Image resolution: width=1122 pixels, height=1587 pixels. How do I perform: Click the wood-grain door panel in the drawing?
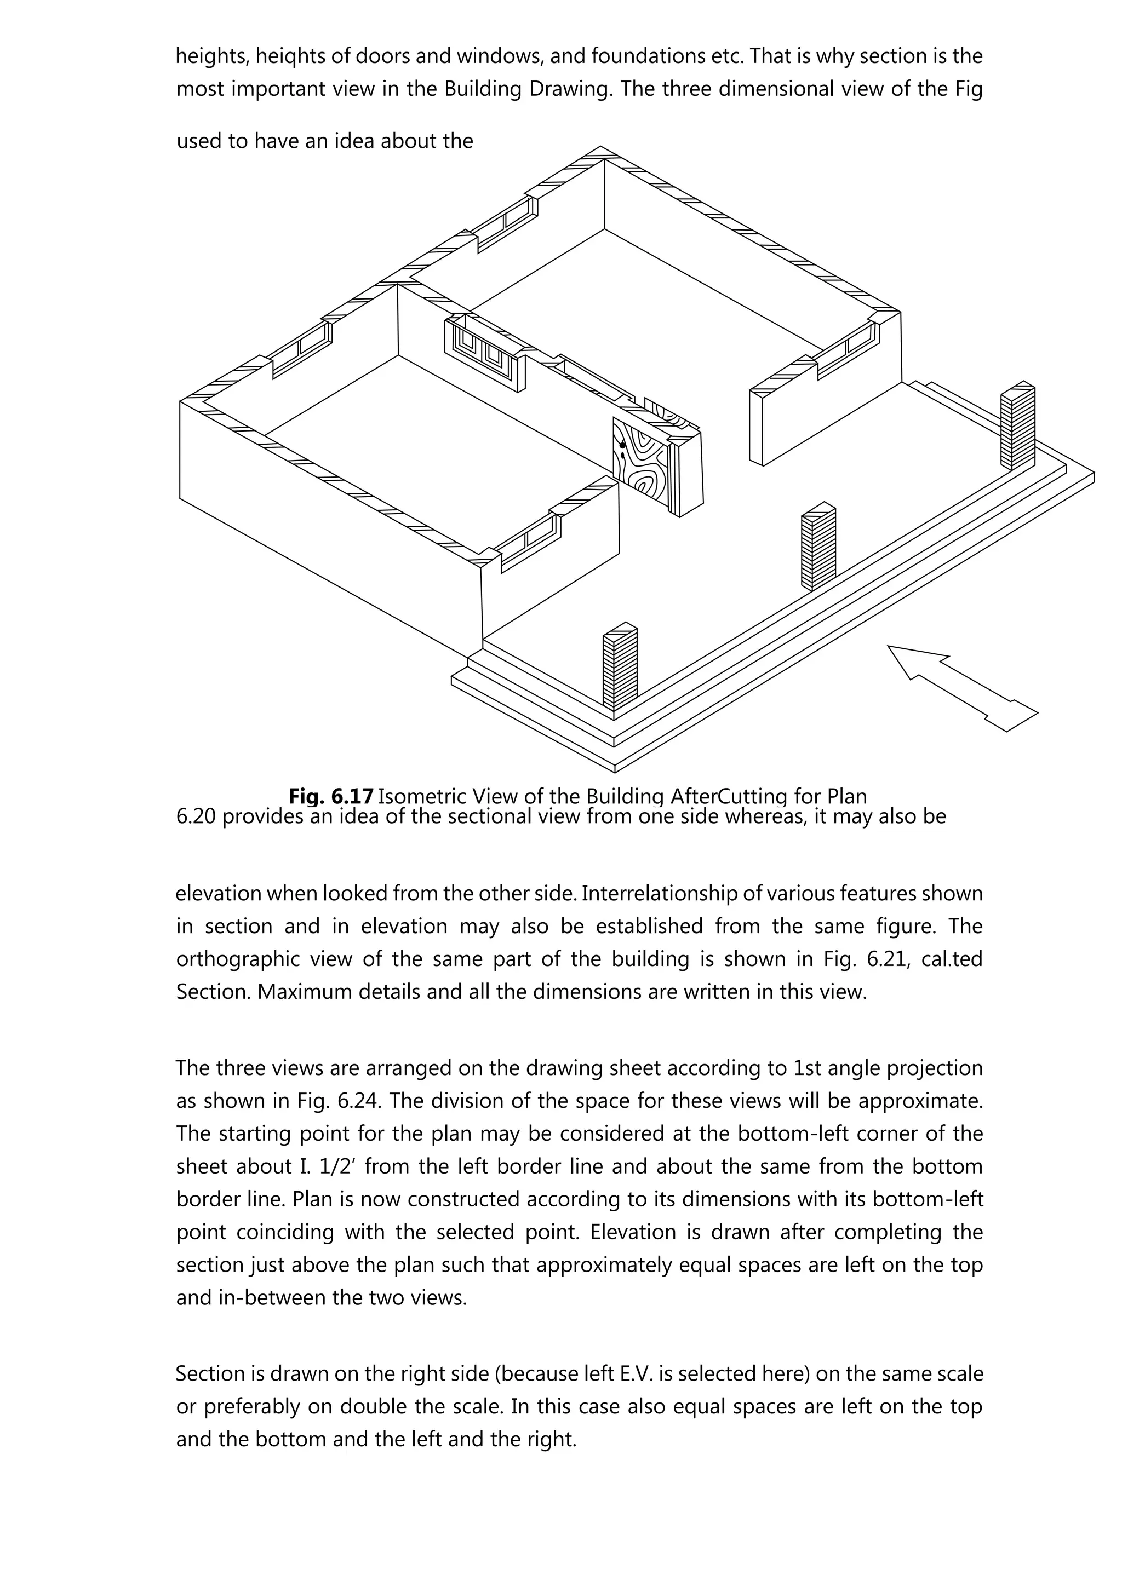point(641,464)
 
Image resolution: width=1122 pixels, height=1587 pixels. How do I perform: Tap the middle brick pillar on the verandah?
point(818,549)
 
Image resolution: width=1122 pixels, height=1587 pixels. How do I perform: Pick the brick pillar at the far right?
point(1017,425)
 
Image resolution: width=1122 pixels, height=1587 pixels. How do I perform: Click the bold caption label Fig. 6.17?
point(331,796)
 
